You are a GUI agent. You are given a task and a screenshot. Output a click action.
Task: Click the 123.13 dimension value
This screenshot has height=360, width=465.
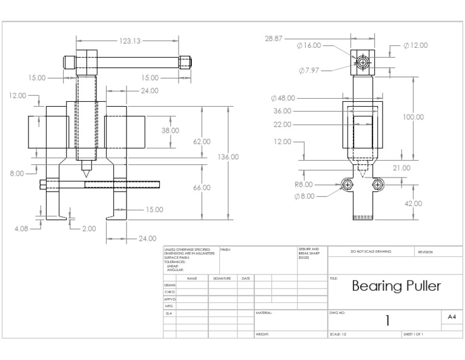pos(130,41)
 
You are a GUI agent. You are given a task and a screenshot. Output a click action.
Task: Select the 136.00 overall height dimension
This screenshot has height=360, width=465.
pos(228,157)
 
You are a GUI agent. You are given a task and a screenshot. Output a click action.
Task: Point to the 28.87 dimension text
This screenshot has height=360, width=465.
pos(274,38)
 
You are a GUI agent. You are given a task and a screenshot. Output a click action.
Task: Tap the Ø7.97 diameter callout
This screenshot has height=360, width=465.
pos(309,70)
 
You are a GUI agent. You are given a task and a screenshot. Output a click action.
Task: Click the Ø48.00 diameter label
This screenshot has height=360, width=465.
pos(283,98)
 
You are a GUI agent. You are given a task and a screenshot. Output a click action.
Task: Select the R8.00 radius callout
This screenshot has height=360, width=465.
pos(303,184)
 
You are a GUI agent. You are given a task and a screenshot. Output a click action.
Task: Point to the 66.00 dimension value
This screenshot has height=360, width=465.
pos(202,188)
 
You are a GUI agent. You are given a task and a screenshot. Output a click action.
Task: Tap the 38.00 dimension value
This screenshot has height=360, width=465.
pos(170,130)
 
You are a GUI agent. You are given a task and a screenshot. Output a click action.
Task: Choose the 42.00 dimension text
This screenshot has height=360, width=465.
pos(413,204)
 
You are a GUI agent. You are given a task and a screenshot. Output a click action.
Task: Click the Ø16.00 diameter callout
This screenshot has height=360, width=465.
pos(309,45)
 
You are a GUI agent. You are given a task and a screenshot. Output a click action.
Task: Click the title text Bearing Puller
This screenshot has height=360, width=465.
pos(396,286)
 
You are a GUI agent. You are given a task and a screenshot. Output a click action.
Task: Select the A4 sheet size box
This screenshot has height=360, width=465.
pos(452,317)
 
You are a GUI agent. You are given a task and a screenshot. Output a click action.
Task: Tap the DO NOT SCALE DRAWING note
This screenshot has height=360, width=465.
pos(371,252)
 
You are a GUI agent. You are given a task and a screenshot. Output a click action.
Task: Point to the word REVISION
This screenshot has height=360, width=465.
pos(426,252)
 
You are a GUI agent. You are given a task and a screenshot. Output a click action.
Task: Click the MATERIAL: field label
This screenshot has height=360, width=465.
pos(265,313)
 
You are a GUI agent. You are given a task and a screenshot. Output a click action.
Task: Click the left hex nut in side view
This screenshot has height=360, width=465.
pos(348,184)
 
